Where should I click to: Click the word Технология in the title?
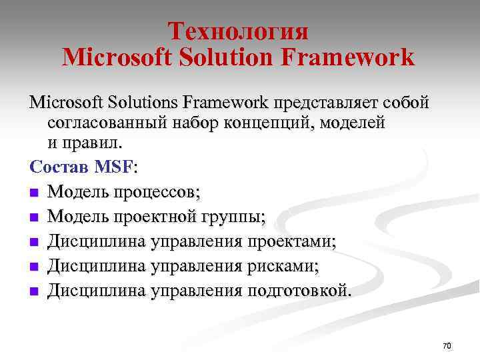click(238, 31)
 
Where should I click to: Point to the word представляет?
click(322, 103)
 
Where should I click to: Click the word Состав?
click(57, 164)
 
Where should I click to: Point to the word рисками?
click(283, 266)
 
